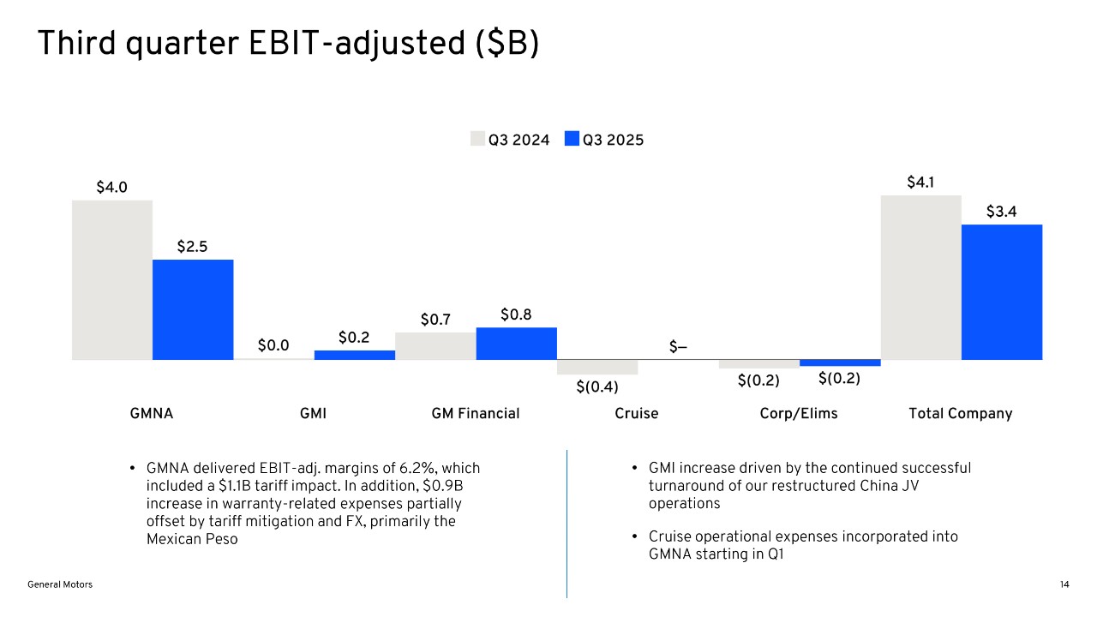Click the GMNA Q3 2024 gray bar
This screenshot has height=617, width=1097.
(x=112, y=279)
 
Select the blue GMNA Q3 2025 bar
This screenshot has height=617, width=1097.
(x=193, y=309)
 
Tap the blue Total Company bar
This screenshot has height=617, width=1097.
(x=1002, y=292)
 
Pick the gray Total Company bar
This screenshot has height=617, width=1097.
(x=921, y=278)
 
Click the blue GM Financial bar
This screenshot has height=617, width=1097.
(x=516, y=343)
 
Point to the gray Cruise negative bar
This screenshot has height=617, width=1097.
(x=597, y=367)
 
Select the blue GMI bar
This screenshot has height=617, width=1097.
(x=355, y=355)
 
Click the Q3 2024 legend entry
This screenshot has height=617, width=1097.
(x=511, y=140)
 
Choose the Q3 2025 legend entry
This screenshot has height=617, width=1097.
(x=604, y=140)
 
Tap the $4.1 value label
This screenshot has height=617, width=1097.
(x=921, y=183)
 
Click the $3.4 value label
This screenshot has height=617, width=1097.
(x=1001, y=212)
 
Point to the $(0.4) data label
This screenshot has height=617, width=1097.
(x=597, y=386)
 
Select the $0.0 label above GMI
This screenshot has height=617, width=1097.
(x=273, y=345)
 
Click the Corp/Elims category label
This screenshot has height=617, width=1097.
(x=799, y=414)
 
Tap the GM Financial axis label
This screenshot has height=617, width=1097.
(x=476, y=414)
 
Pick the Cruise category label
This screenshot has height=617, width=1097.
(x=637, y=414)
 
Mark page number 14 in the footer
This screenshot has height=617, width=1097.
(x=1064, y=584)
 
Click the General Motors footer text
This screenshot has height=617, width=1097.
(x=60, y=584)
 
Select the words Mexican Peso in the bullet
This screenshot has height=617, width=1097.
(x=192, y=539)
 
